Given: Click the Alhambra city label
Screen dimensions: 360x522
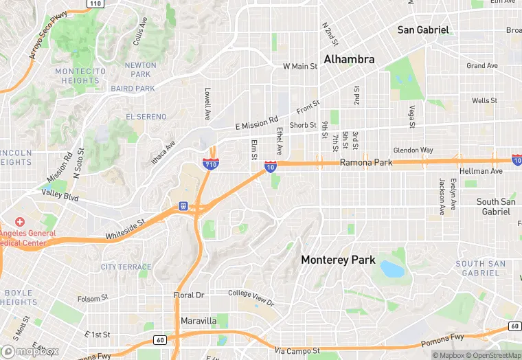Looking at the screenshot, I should point(350,59).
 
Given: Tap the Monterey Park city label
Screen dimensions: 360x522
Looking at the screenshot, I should point(339,260).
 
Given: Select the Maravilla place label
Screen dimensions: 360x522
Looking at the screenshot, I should point(198,321).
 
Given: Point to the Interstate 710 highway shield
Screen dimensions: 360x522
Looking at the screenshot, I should point(211,164).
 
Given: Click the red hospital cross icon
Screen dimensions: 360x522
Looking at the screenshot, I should point(19,222).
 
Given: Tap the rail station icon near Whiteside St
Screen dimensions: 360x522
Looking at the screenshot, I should point(183,205).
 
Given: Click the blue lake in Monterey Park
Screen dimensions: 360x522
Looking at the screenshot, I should point(391,268).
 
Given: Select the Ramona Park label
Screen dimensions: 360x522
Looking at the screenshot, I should point(366,163).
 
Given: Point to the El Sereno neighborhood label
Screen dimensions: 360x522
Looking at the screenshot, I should point(146,117).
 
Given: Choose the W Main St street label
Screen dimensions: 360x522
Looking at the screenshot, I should point(300,67).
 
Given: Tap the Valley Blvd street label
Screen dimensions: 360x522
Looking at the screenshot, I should point(60,196).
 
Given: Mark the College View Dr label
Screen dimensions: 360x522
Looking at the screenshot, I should point(251,298).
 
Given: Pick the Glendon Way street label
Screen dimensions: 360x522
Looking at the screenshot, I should point(413,150).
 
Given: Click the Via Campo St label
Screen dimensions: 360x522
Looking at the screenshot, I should point(297,351).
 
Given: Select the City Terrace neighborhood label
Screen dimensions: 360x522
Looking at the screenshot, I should point(126,267).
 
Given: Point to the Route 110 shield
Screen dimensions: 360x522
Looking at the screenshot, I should point(95,4).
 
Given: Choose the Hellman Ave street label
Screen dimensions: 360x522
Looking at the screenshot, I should point(481,170).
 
